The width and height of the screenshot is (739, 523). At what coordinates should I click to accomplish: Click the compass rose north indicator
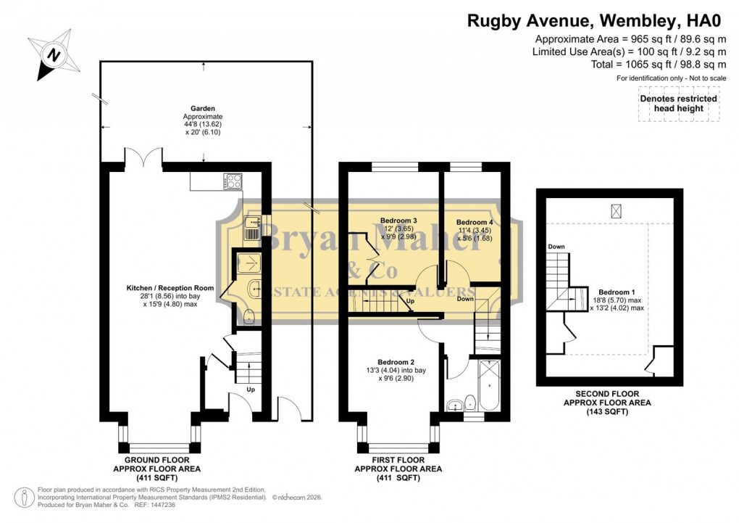[x=52, y=54]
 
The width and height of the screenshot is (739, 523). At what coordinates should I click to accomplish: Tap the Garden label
[x=203, y=109]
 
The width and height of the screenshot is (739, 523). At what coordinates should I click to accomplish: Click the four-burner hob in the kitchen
[x=233, y=181]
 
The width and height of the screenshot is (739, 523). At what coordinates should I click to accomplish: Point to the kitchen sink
[x=251, y=228]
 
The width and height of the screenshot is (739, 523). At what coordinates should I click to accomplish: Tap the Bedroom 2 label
[x=396, y=362]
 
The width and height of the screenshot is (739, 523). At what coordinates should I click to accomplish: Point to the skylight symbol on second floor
[x=617, y=210]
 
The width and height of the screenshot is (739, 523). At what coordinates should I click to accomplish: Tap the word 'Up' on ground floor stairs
[x=251, y=389]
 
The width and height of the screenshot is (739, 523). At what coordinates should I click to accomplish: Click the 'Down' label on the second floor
[x=556, y=247]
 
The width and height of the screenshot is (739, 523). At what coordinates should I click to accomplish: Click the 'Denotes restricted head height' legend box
[x=678, y=104]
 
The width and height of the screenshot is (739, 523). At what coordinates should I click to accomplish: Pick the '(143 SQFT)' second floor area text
[x=607, y=412]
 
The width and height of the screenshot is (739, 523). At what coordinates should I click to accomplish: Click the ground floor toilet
[x=248, y=316]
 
